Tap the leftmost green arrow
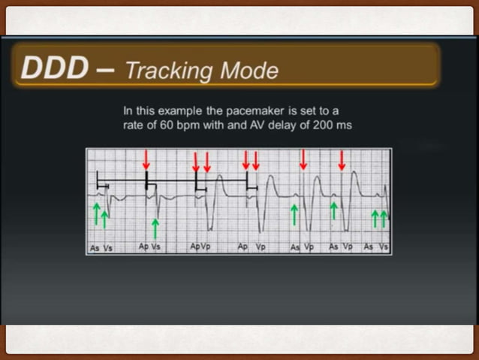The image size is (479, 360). click(96, 213)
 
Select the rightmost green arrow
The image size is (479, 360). click(384, 218)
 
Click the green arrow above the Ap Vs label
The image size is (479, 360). click(155, 228)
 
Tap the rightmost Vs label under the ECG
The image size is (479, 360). click(384, 247)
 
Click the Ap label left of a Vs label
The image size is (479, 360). click(143, 247)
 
